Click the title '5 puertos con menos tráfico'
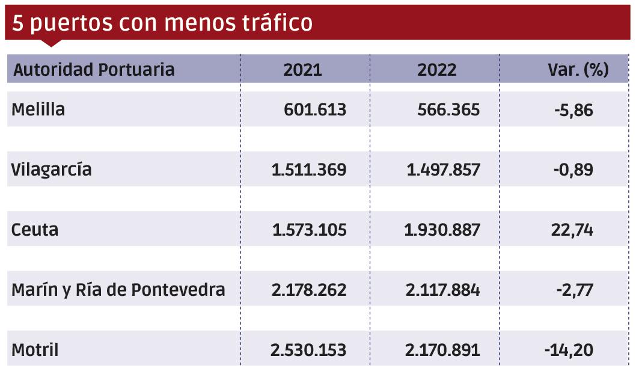pos(162,22)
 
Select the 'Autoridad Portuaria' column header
pos(94,70)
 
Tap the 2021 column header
pos(302,70)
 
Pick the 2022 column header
pos(436,70)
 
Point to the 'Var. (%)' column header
pos(578,70)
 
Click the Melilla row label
pos(38,110)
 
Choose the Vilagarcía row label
pos(52,170)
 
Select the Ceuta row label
pos(35,230)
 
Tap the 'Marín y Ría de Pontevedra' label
pos(118,290)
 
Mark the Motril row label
pos(35,350)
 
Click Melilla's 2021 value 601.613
pos(315,110)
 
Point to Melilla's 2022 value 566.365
pos(448,110)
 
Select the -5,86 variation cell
pos(573,110)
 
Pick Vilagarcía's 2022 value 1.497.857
pos(444,170)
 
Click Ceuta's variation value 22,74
pos(575,230)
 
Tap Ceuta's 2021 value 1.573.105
pos(309,230)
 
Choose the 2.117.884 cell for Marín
pos(443,290)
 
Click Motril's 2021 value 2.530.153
pos(308,350)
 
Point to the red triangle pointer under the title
pos(52,43)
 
